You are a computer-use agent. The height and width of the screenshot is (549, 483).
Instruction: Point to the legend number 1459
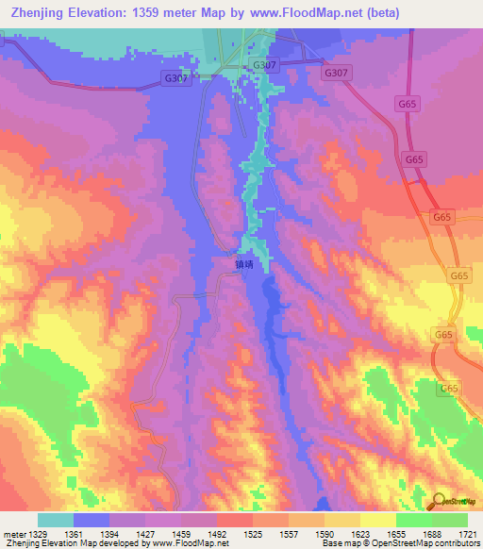click(x=181, y=534)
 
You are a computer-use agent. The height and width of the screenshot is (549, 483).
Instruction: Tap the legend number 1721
click(x=465, y=534)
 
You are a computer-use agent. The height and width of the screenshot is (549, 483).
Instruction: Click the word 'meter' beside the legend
click(x=12, y=534)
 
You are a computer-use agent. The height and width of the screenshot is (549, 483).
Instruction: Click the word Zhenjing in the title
click(x=35, y=12)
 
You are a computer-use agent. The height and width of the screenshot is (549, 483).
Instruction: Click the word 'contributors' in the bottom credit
click(x=458, y=543)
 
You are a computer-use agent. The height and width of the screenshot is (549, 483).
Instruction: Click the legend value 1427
click(x=145, y=534)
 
